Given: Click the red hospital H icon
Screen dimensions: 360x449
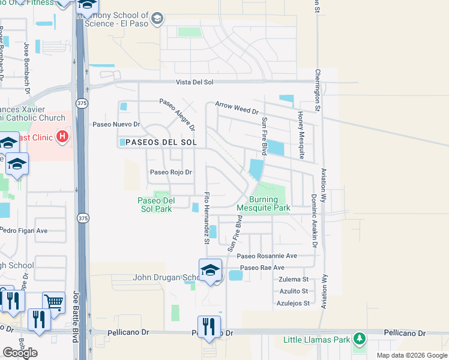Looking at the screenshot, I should click(61, 137).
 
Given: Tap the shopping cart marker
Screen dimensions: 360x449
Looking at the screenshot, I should click(53, 303).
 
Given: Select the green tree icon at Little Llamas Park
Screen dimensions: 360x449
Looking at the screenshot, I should click(360, 340).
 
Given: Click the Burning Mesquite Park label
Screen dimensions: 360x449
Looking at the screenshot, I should click(264, 204).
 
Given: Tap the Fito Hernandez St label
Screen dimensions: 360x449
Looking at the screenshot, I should click(206, 218).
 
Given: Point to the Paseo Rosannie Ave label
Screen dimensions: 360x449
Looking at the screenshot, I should click(267, 256).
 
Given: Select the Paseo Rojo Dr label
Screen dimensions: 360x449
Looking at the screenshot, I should click(170, 172).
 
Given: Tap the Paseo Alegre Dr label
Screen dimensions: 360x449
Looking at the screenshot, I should click(177, 114).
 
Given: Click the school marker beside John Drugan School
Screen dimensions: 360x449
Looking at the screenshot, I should click(210, 271).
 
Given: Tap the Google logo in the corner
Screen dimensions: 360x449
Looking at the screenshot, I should click(20, 353).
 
